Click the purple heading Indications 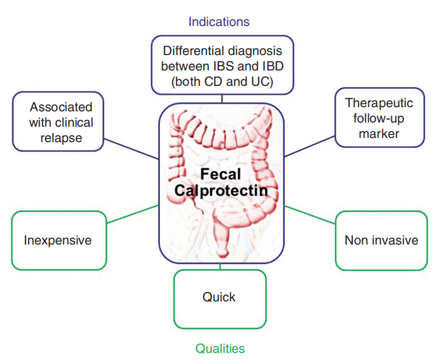tap(218, 22)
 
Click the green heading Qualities tap(220, 348)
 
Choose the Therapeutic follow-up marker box tap(379, 118)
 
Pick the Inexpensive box tap(58, 240)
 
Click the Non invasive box tap(381, 240)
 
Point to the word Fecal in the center tap(220, 174)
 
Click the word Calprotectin tap(221, 191)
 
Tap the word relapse tap(62, 138)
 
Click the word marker tap(379, 133)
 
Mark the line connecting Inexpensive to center tap(133, 214)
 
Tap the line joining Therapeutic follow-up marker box tap(310, 144)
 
